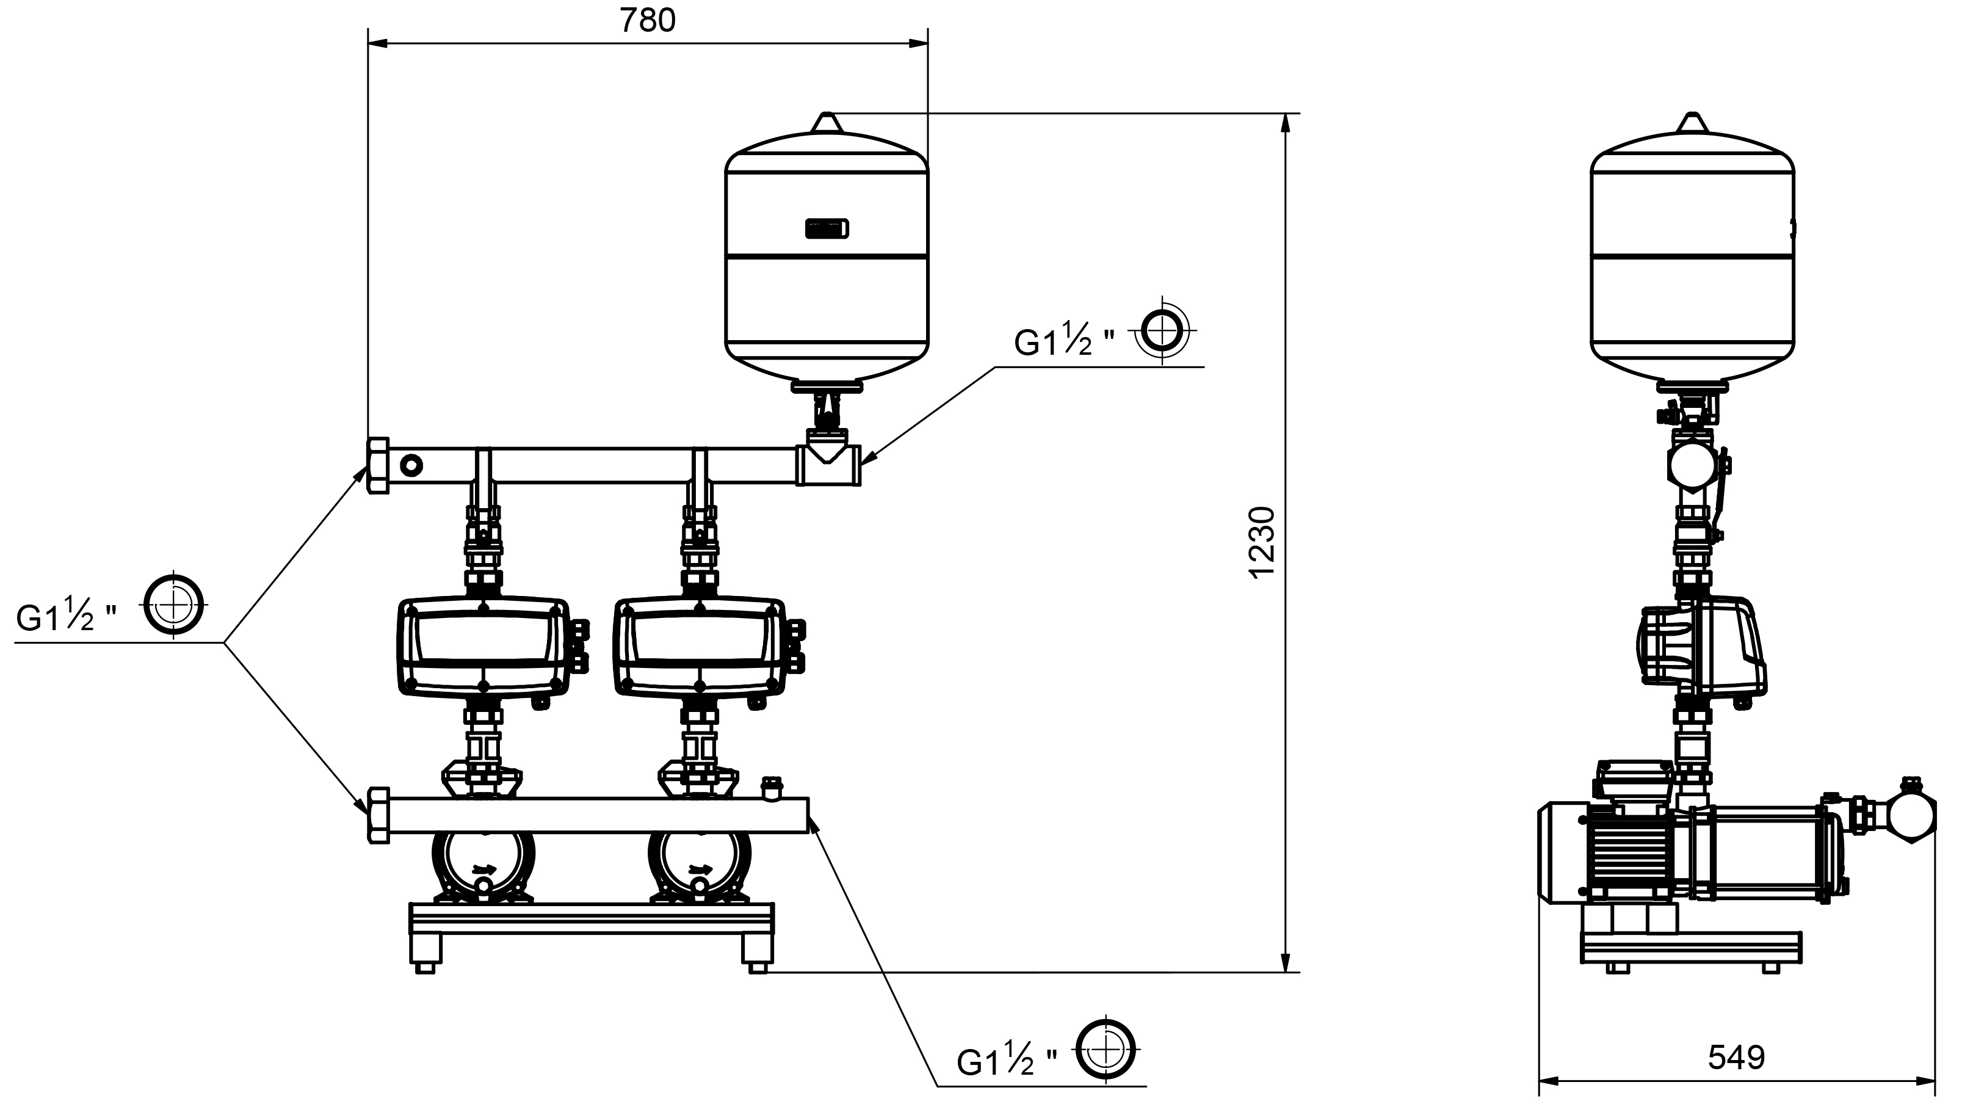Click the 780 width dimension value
pyautogui.click(x=648, y=21)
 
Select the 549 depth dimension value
pyautogui.click(x=1737, y=1058)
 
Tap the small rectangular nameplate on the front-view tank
pyautogui.click(x=827, y=228)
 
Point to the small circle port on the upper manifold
pyautogui.click(x=412, y=465)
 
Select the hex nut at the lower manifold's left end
pyautogui.click(x=378, y=815)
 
